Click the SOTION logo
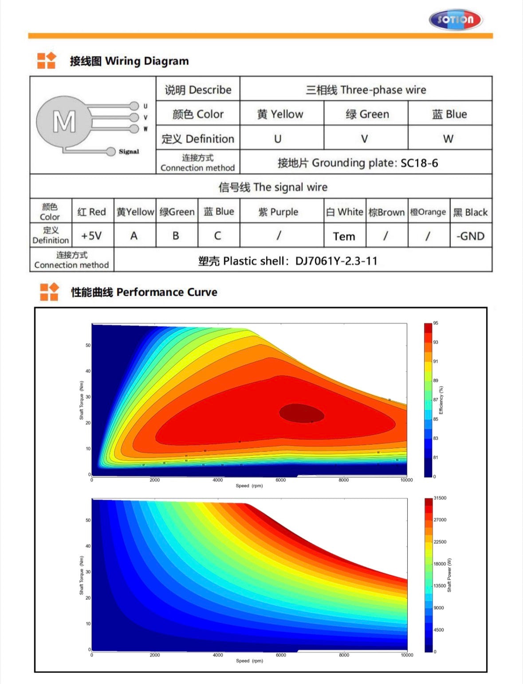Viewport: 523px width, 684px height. (455, 20)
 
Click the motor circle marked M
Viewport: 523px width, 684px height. (63, 121)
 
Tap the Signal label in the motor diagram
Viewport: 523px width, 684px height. (129, 152)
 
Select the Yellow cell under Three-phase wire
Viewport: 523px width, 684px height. (281, 114)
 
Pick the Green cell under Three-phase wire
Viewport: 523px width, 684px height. (367, 114)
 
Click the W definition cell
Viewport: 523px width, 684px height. (448, 139)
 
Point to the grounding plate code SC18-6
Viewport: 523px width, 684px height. (419, 163)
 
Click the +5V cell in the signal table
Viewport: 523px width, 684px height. (92, 236)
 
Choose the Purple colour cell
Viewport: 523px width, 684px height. (279, 212)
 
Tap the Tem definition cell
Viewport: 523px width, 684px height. (344, 237)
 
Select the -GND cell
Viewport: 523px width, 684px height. (470, 236)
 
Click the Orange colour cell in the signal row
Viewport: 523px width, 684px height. (428, 212)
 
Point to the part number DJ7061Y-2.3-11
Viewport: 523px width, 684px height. (336, 261)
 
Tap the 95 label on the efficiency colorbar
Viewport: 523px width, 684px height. (436, 323)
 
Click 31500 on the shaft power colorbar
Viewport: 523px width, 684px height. (440, 498)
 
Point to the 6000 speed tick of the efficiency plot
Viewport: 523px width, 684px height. (281, 480)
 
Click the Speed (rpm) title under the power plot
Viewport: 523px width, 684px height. (249, 661)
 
